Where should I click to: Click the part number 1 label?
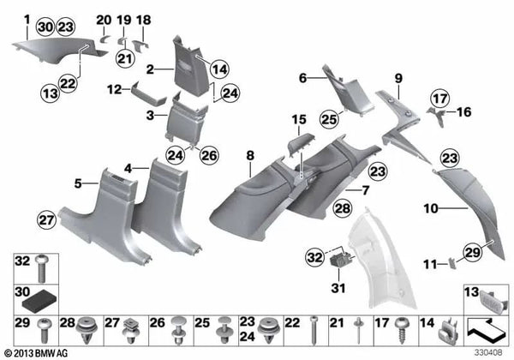[27, 18]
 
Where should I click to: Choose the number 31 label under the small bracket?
[302, 78]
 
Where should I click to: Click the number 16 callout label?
[467, 111]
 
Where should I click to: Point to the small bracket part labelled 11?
[451, 262]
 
